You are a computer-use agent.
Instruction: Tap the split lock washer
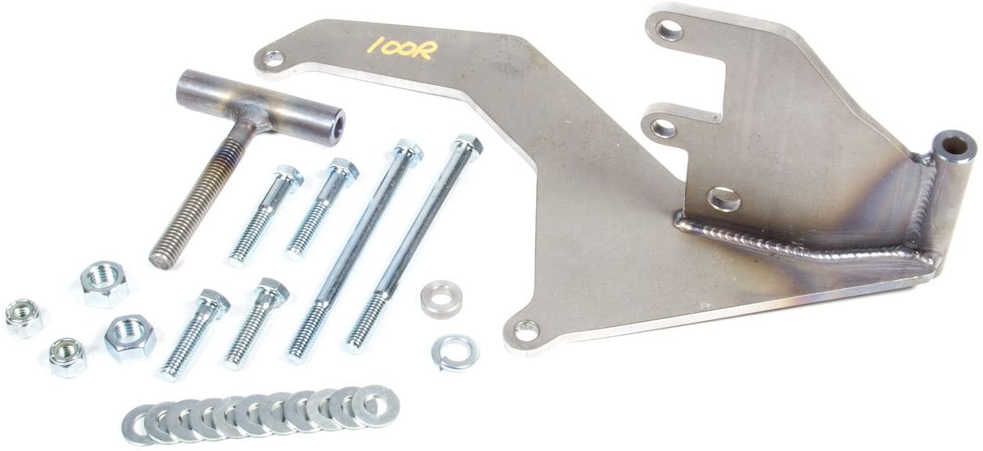[x=455, y=353]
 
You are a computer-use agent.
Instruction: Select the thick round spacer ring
[x=441, y=299]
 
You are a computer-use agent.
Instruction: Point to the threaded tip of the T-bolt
[x=159, y=258]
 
